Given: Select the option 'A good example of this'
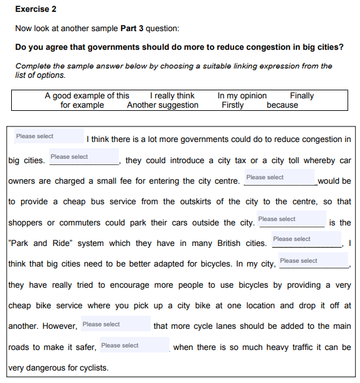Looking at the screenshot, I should tap(87, 96).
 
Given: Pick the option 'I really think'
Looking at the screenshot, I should tap(173, 96).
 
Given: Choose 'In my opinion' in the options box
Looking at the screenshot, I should tap(242, 96).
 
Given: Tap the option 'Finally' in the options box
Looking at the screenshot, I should tap(301, 96).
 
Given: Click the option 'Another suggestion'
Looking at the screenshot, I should tap(163, 105).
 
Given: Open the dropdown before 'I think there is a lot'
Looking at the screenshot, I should tap(49, 136).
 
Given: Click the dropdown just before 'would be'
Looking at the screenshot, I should tap(280, 177).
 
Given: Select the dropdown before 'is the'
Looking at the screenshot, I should tap(291, 219).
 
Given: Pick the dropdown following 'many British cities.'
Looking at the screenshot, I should tap(306, 239).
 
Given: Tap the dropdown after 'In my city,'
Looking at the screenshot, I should tap(313, 261).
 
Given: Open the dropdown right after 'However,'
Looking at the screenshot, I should tap(115, 324).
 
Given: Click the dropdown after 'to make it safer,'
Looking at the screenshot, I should tap(134, 346).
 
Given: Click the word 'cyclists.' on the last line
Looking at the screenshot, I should tap(90, 367).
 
